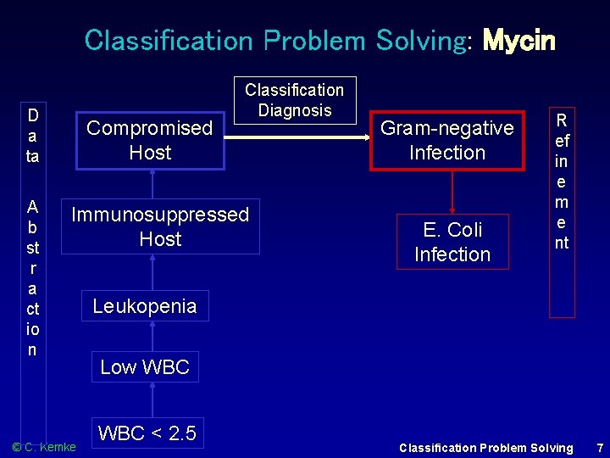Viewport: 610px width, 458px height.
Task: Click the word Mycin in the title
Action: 518,40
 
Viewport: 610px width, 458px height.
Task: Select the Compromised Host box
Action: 151,140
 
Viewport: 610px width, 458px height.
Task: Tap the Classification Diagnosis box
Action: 295,100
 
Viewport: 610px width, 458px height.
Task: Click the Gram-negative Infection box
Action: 446,140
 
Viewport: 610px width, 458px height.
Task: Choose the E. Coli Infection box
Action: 452,242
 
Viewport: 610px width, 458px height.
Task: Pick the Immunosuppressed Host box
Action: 160,226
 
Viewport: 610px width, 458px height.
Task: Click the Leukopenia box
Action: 145,306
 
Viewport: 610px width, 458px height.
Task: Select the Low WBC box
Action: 145,367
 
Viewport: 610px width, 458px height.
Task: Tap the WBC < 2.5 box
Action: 147,433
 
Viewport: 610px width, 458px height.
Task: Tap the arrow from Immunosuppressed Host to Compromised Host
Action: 152,184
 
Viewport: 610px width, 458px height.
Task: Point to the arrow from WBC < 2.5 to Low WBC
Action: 152,399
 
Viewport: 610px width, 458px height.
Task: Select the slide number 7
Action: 600,447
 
